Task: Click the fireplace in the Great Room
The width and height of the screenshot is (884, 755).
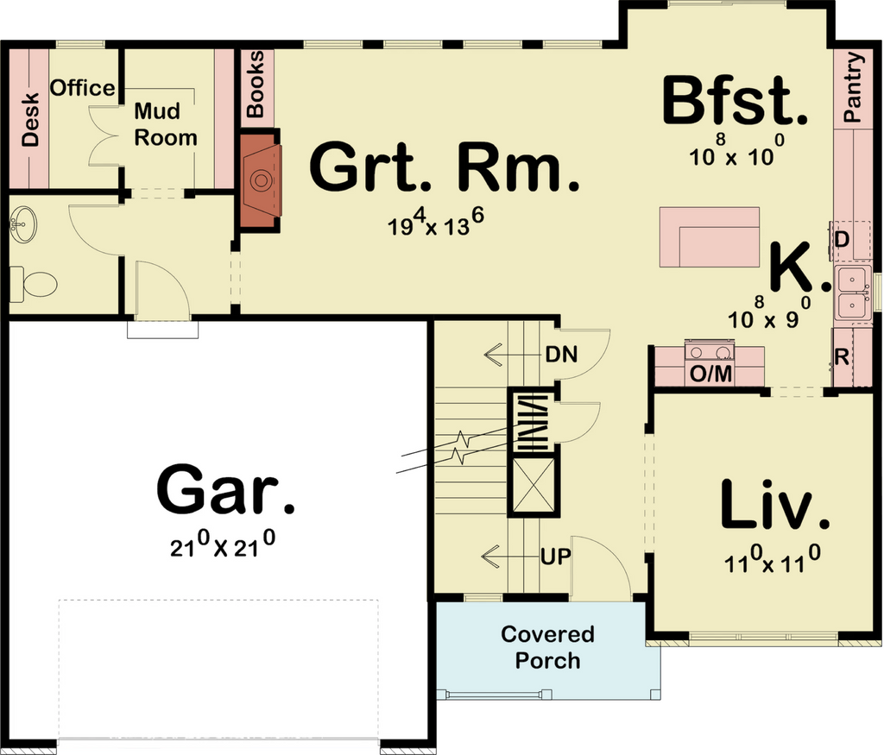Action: coord(260,180)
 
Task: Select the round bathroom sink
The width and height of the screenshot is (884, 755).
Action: coord(23,225)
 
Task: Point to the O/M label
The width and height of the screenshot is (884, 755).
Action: coord(710,374)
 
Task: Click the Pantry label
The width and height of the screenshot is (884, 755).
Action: coord(854,87)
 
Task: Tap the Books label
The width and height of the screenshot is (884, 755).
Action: coord(255,84)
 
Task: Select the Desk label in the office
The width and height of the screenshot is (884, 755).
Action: coord(30,120)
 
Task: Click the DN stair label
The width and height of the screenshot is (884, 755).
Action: coord(561,355)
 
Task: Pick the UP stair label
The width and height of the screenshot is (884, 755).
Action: coord(556,557)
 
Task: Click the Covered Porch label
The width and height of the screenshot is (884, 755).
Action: coord(547,647)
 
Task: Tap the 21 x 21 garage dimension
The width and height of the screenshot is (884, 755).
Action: coord(223,546)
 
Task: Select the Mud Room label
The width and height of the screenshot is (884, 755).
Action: coord(166,124)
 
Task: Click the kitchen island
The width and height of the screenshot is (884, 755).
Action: coord(710,237)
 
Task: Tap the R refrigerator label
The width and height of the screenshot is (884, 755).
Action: coord(842,356)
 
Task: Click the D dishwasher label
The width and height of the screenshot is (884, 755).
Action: coord(842,240)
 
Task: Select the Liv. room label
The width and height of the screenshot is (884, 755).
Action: coord(775,504)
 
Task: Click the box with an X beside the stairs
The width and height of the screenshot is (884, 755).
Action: coord(534,485)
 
